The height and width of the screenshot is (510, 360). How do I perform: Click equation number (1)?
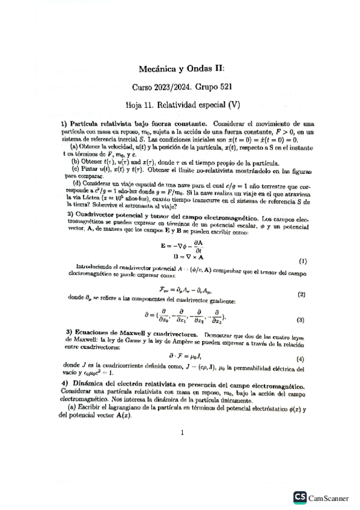click(303, 261)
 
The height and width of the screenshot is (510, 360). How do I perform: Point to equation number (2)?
click(302, 294)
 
